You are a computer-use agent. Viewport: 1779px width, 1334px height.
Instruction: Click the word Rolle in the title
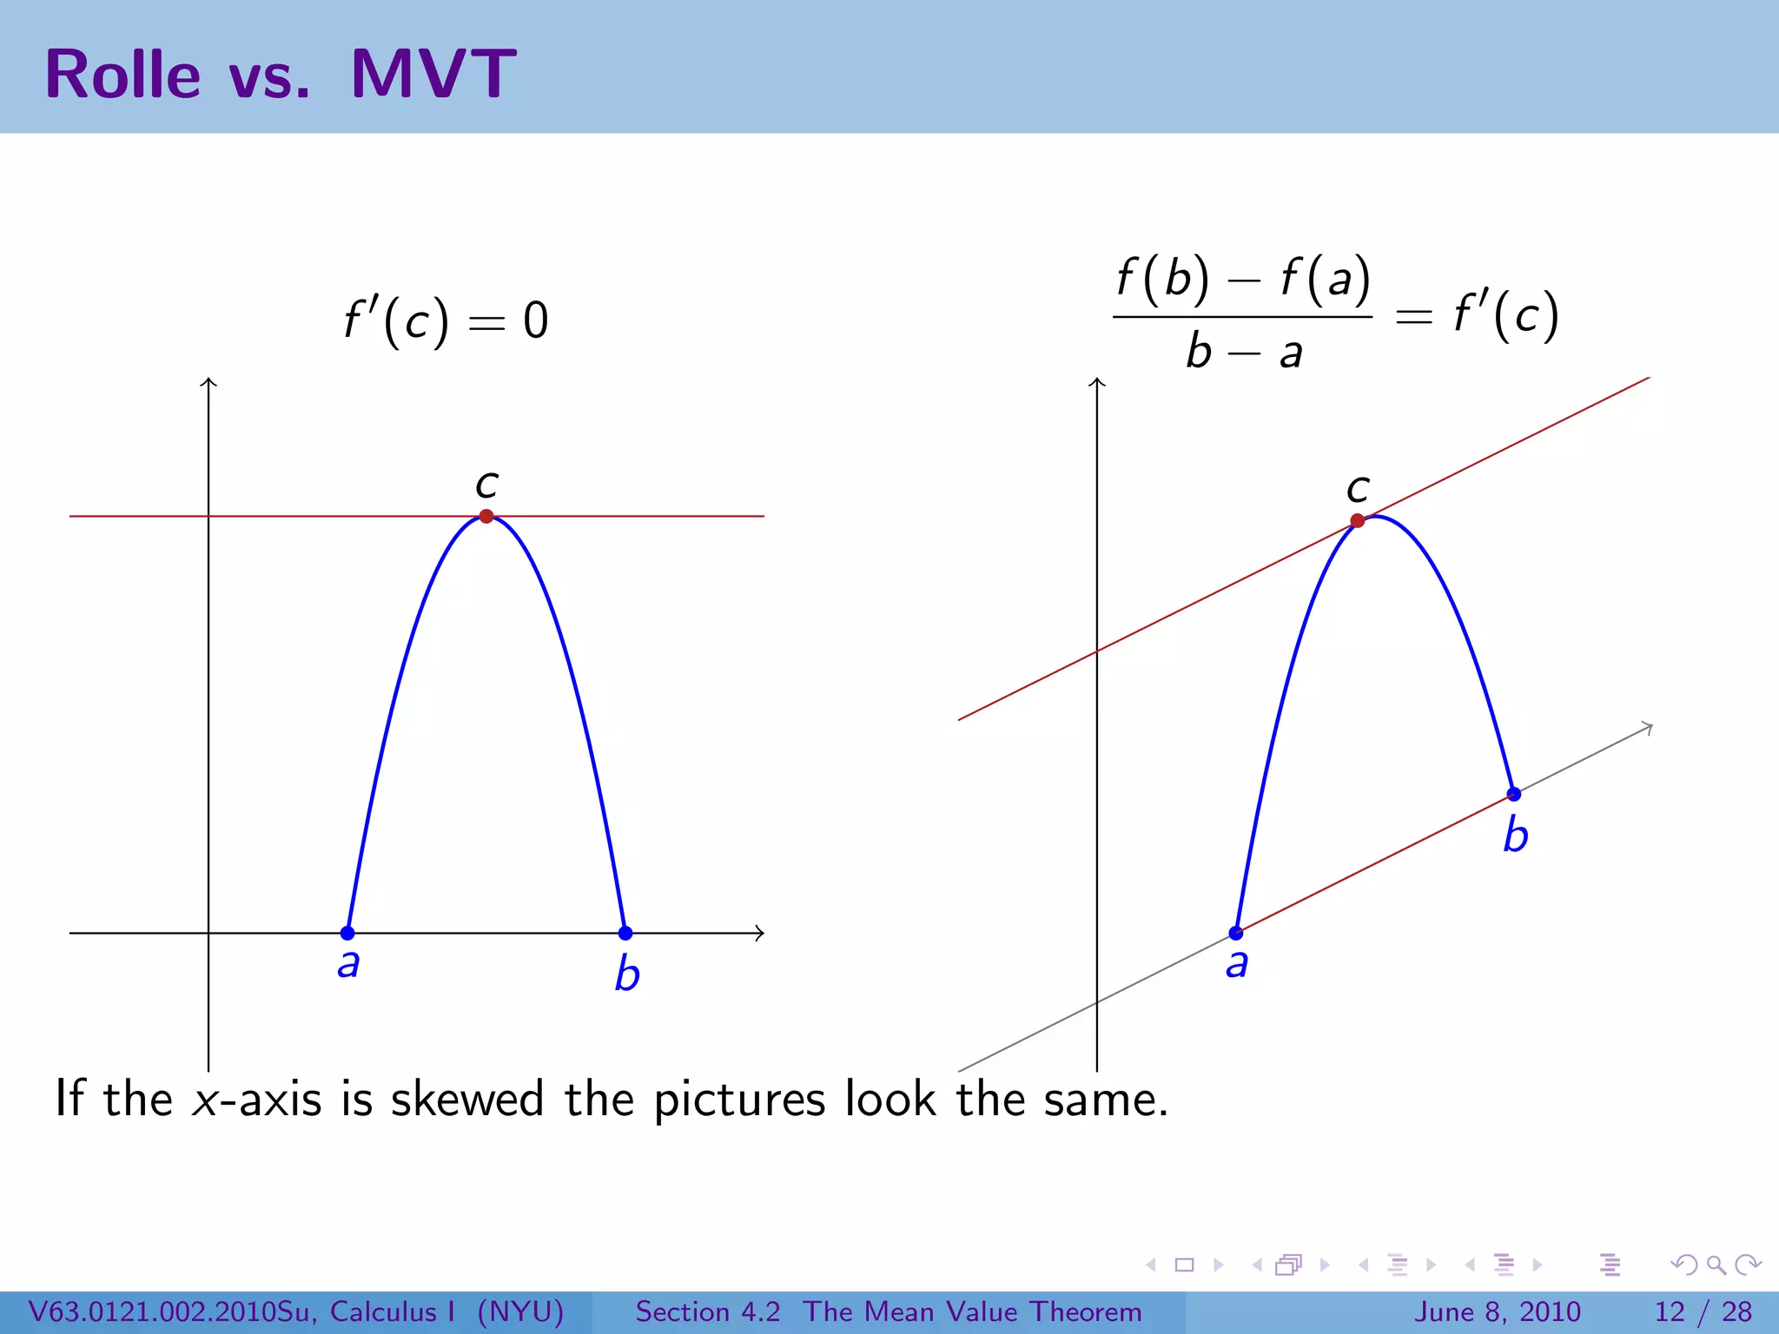[x=122, y=75]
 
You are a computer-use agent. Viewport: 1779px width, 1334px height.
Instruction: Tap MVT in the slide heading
[x=433, y=75]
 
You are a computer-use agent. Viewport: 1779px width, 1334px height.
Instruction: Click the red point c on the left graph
[x=486, y=516]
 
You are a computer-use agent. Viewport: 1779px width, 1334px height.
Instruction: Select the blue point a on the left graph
[x=347, y=933]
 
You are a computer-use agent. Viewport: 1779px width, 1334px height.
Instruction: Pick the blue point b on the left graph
[x=625, y=933]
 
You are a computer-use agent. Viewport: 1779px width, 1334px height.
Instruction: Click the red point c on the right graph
[x=1358, y=521]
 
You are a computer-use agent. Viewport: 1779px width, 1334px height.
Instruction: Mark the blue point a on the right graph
[x=1236, y=934]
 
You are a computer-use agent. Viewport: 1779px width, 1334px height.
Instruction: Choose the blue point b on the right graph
[x=1514, y=794]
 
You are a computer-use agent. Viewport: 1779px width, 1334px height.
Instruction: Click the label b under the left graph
[x=627, y=974]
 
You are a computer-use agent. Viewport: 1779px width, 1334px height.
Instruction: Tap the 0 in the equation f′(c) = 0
[x=536, y=320]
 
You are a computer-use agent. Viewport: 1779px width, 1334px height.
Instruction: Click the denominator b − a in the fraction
[x=1244, y=353]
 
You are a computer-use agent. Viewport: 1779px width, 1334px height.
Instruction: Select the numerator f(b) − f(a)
[x=1243, y=280]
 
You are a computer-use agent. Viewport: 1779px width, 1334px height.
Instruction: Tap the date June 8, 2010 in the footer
[x=1498, y=1311]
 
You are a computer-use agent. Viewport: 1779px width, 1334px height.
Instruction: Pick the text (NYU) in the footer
[x=520, y=1311]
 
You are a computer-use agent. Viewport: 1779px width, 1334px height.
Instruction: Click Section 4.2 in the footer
[x=708, y=1311]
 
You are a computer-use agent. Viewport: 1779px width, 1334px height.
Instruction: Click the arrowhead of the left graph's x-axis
[x=761, y=933]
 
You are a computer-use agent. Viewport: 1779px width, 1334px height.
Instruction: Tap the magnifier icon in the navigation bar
[x=1716, y=1265]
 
